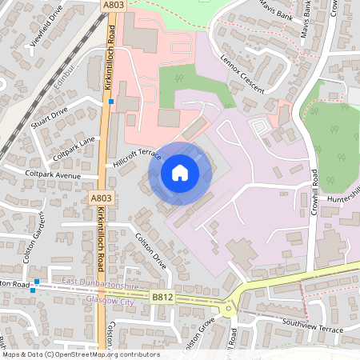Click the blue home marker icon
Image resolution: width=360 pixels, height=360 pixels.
pyautogui.click(x=180, y=173)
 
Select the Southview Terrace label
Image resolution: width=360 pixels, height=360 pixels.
pyautogui.click(x=314, y=326)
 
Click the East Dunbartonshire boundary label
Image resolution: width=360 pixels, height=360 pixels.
pyautogui.click(x=100, y=286)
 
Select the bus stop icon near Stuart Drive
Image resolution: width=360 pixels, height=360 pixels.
pyautogui.click(x=111, y=102)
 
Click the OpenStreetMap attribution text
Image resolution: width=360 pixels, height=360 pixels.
pyautogui.click(x=80, y=354)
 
